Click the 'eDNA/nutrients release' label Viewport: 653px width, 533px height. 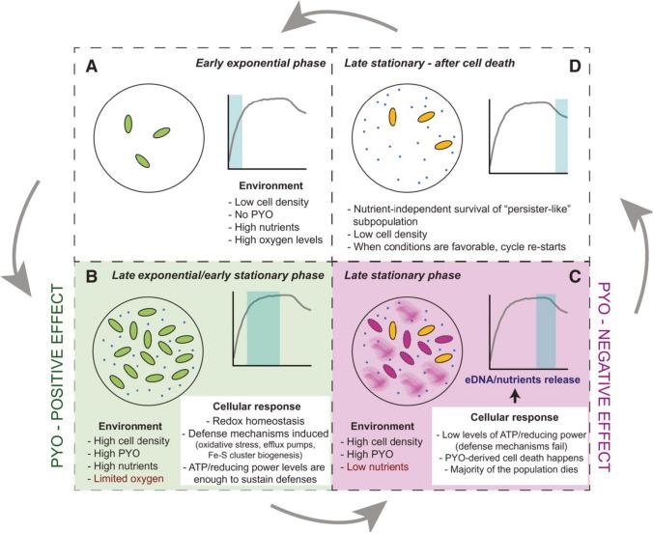[524, 379]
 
